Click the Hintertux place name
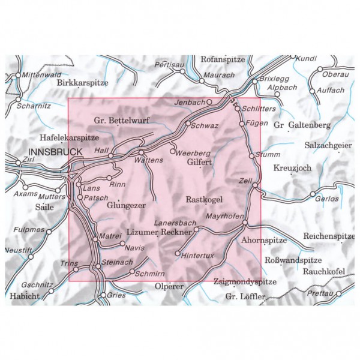(x=199, y=254)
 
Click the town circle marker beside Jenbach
(x=209, y=103)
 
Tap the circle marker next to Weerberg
(x=173, y=152)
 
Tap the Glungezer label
(x=127, y=205)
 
